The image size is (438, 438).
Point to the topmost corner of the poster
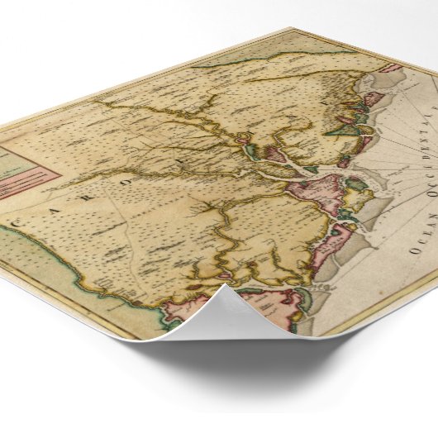click(291, 29)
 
